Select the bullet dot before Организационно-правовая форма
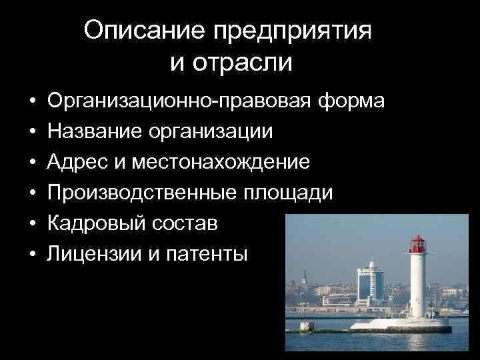click(32, 102)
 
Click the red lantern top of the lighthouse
click(418, 243)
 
